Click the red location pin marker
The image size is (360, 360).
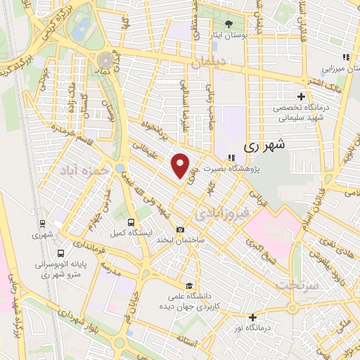(x=181, y=165)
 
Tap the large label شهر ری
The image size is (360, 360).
(x=264, y=146)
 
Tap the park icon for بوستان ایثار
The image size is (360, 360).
(x=229, y=23)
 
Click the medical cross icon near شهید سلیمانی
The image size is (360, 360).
(x=301, y=96)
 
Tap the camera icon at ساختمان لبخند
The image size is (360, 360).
(x=181, y=230)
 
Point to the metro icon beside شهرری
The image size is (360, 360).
(x=44, y=224)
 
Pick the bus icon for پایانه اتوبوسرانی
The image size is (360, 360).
(x=61, y=252)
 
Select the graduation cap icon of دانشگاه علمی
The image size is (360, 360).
(x=188, y=285)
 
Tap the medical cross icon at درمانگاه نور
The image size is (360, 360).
(x=252, y=317)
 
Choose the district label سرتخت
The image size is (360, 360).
(x=294, y=285)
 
